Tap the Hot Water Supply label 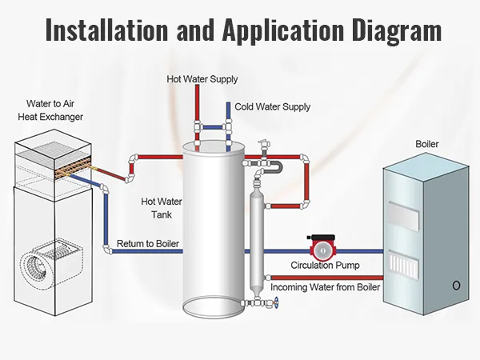point(202,79)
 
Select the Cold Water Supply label point(272,106)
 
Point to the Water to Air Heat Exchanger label point(54,110)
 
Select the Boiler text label point(426,144)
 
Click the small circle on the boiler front point(456,286)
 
